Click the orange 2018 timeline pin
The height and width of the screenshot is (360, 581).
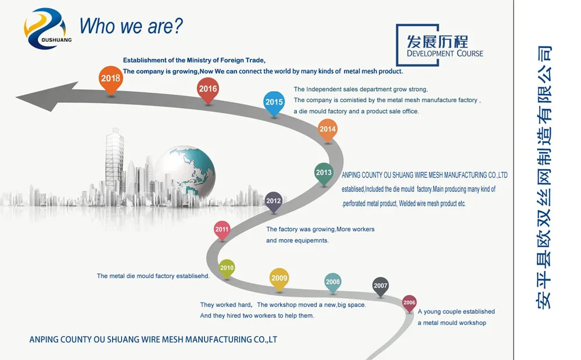pyautogui.click(x=111, y=80)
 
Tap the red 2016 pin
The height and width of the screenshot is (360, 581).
pyautogui.click(x=208, y=90)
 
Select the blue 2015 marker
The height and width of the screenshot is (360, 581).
pyautogui.click(x=274, y=103)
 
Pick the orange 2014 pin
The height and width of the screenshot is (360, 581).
pyautogui.click(x=328, y=130)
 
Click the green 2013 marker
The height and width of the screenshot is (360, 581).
pyautogui.click(x=324, y=174)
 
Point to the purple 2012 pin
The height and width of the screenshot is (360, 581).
pyautogui.click(x=274, y=202)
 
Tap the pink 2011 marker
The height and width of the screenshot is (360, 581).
pyautogui.click(x=222, y=231)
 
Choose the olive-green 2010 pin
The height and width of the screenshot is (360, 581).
pyautogui.click(x=227, y=268)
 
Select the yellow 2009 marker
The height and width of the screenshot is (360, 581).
pyautogui.click(x=279, y=279)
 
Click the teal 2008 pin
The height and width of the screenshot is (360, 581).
pyautogui.click(x=333, y=283)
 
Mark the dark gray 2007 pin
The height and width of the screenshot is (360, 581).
pyautogui.click(x=380, y=286)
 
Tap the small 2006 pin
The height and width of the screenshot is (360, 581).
pyautogui.click(x=410, y=303)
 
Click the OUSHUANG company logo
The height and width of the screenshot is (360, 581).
pyautogui.click(x=46, y=29)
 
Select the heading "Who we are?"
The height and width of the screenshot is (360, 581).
pyautogui.click(x=131, y=26)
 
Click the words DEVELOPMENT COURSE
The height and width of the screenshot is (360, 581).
pyautogui.click(x=445, y=53)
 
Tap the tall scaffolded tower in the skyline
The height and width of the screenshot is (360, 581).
pyautogui.click(x=114, y=161)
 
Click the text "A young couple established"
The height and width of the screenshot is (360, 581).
pyautogui.click(x=456, y=312)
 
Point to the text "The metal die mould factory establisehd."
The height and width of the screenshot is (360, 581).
pyautogui.click(x=153, y=276)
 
